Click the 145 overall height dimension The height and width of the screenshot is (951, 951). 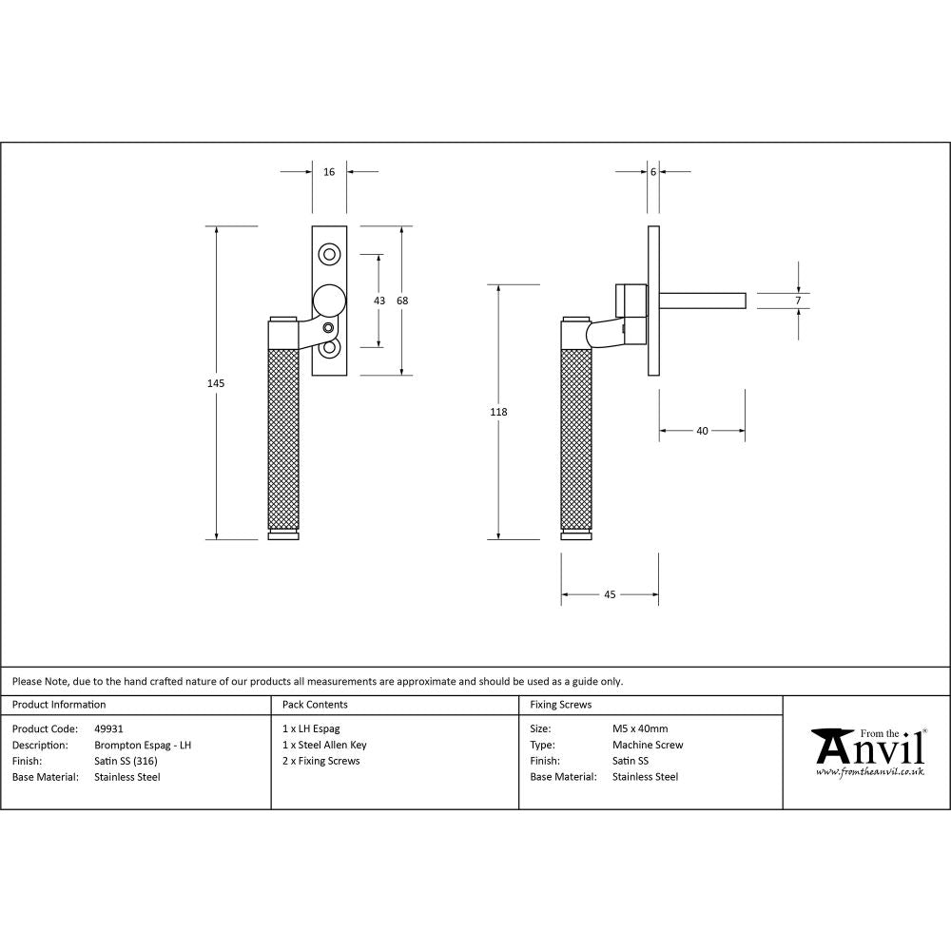pos(216,382)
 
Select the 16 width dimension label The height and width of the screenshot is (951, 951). pos(329,172)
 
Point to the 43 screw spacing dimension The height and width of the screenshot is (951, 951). pos(379,301)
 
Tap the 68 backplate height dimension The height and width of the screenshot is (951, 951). pos(402,301)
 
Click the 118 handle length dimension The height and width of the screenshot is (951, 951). pos(498,412)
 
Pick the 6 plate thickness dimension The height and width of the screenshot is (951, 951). pos(653,172)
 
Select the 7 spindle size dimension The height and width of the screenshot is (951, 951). pos(798,301)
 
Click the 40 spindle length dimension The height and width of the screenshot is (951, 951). pos(702,431)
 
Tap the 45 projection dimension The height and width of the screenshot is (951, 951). pos(610,594)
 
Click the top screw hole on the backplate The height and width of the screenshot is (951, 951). pos(330,254)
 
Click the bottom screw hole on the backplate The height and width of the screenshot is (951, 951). pos(330,348)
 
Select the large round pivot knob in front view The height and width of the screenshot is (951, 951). pos(329,301)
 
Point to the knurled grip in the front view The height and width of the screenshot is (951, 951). pos(283,437)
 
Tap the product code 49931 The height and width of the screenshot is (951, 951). pos(109,729)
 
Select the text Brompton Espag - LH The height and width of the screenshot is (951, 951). pos(143,746)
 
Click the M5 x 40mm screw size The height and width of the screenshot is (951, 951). pos(640,729)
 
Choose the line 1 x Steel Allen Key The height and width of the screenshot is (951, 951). pos(324,746)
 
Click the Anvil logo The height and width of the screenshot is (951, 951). pos(867,751)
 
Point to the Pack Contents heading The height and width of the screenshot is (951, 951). pos(315,705)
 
